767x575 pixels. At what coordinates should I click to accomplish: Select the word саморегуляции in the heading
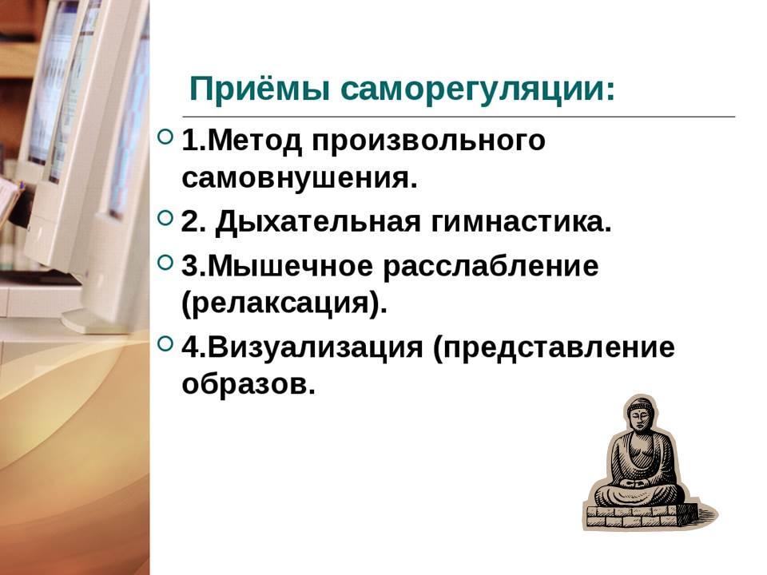[x=478, y=90]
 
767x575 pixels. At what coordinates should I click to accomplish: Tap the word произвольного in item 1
[x=428, y=142]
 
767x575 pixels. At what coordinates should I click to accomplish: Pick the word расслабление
[x=491, y=268]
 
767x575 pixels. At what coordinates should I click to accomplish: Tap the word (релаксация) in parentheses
[x=284, y=303]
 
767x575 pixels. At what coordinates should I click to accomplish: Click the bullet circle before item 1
[x=166, y=137]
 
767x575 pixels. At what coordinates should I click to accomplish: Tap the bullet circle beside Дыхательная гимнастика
[x=166, y=217]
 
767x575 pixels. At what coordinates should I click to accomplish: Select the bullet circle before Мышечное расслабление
[x=166, y=263]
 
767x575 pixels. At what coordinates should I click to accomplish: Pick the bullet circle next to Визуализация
[x=166, y=343]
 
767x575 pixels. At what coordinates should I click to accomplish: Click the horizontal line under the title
[x=459, y=117]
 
